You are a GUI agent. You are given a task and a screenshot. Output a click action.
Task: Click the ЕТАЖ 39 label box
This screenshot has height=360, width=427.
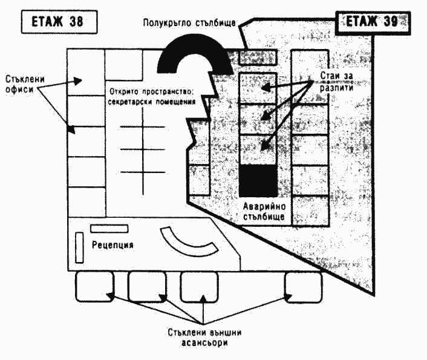click(x=371, y=22)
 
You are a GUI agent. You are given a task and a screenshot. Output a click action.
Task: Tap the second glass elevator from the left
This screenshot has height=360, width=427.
click(x=147, y=286)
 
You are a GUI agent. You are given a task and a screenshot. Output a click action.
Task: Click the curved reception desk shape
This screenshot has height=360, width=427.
click(x=187, y=243)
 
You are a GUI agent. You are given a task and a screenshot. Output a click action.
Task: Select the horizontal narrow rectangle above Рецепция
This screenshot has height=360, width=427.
click(x=109, y=229)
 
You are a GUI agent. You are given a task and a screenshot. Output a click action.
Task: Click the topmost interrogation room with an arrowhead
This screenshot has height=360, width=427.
click(x=258, y=88)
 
